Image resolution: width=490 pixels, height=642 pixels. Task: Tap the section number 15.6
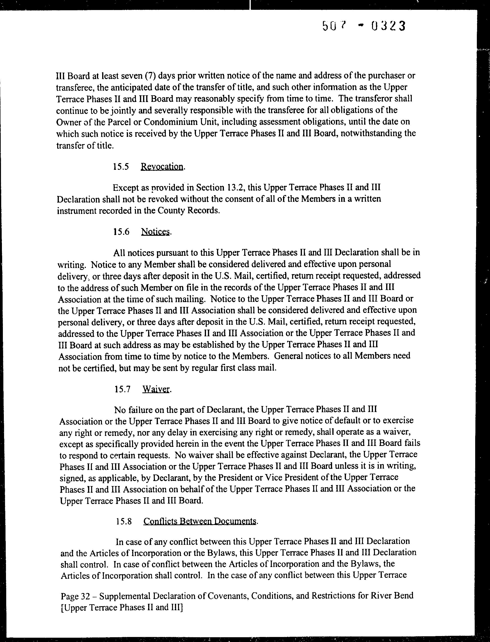click(121, 232)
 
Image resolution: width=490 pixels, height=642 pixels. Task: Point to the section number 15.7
click(122, 390)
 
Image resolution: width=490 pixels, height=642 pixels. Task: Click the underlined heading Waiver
click(156, 389)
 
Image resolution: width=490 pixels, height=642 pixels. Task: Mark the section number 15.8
click(124, 521)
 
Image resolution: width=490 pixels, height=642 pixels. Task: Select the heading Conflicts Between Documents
click(200, 521)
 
